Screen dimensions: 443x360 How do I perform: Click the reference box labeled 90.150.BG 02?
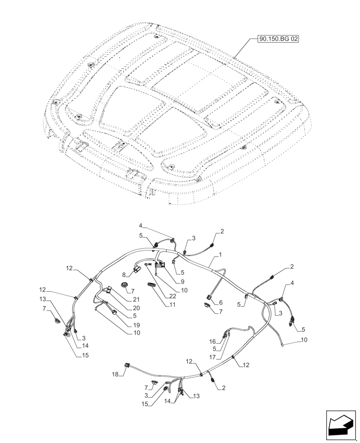[x=278, y=39]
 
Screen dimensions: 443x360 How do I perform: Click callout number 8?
[x=125, y=275]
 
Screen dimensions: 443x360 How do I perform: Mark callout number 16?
[x=212, y=341]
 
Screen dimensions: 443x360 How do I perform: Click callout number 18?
[x=115, y=374]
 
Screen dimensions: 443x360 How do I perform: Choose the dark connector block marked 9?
[x=160, y=264]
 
